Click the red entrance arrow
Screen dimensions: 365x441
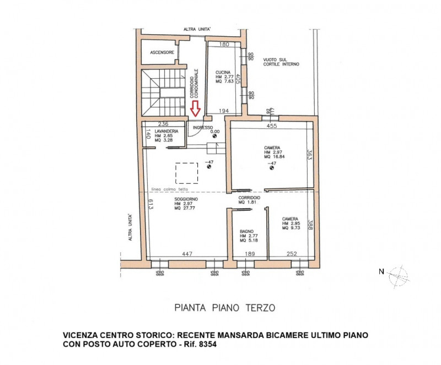pyautogui.click(x=195, y=109)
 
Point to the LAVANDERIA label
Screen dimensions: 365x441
pyautogui.click(x=166, y=131)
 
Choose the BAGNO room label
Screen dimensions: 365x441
pyautogui.click(x=246, y=231)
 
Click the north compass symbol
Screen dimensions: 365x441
pyautogui.click(x=398, y=274)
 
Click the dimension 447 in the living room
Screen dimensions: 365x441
pyautogui.click(x=187, y=254)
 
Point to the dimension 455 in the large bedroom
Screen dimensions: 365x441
pyautogui.click(x=272, y=126)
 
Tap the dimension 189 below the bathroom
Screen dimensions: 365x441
pyautogui.click(x=250, y=254)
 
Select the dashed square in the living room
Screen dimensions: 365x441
pyautogui.click(x=186, y=173)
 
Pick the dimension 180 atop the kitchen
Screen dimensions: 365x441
pyautogui.click(x=224, y=44)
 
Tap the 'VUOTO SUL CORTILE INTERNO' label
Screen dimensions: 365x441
pyautogui.click(x=281, y=62)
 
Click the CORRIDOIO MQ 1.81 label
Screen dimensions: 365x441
pyautogui.click(x=249, y=200)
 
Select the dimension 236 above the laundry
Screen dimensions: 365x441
pyautogui.click(x=163, y=124)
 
